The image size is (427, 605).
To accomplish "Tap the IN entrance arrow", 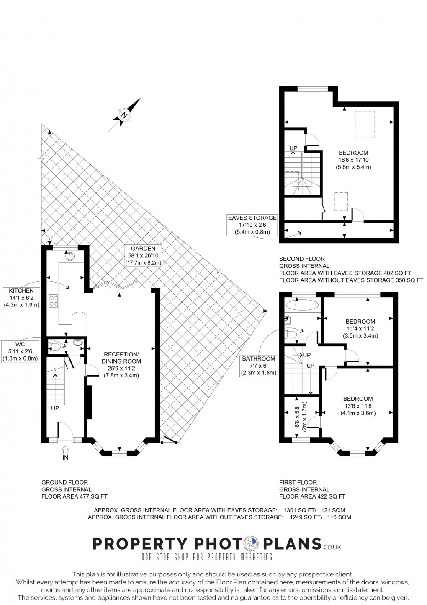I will tap(65, 451).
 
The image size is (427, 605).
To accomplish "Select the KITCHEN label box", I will tap(22, 298).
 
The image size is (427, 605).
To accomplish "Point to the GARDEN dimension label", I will tap(143, 256).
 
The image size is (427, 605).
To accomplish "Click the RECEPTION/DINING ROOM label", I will tap(121, 365).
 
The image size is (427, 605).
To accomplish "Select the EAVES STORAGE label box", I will tap(252, 225).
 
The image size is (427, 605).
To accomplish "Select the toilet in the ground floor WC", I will tap(54, 346).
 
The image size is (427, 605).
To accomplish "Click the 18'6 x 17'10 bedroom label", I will tap(353, 160).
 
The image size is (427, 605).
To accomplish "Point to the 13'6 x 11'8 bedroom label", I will tap(358, 406).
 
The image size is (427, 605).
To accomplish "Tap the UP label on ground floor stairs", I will tap(55, 408).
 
